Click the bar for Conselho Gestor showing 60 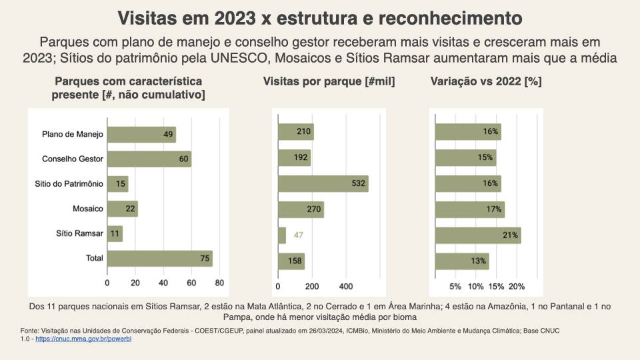(149, 159)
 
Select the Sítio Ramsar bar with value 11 (115, 234)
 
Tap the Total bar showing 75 (159, 259)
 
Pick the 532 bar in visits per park (323, 184)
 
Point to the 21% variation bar (477, 235)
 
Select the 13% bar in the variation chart (462, 261)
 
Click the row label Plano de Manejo (73, 135)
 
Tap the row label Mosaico (88, 209)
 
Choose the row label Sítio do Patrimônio (69, 184)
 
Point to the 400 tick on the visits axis (345, 287)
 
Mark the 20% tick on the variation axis (517, 287)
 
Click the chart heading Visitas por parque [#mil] (329, 82)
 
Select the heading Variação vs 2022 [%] (486, 82)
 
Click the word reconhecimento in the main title (448, 17)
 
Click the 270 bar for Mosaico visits (301, 209)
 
